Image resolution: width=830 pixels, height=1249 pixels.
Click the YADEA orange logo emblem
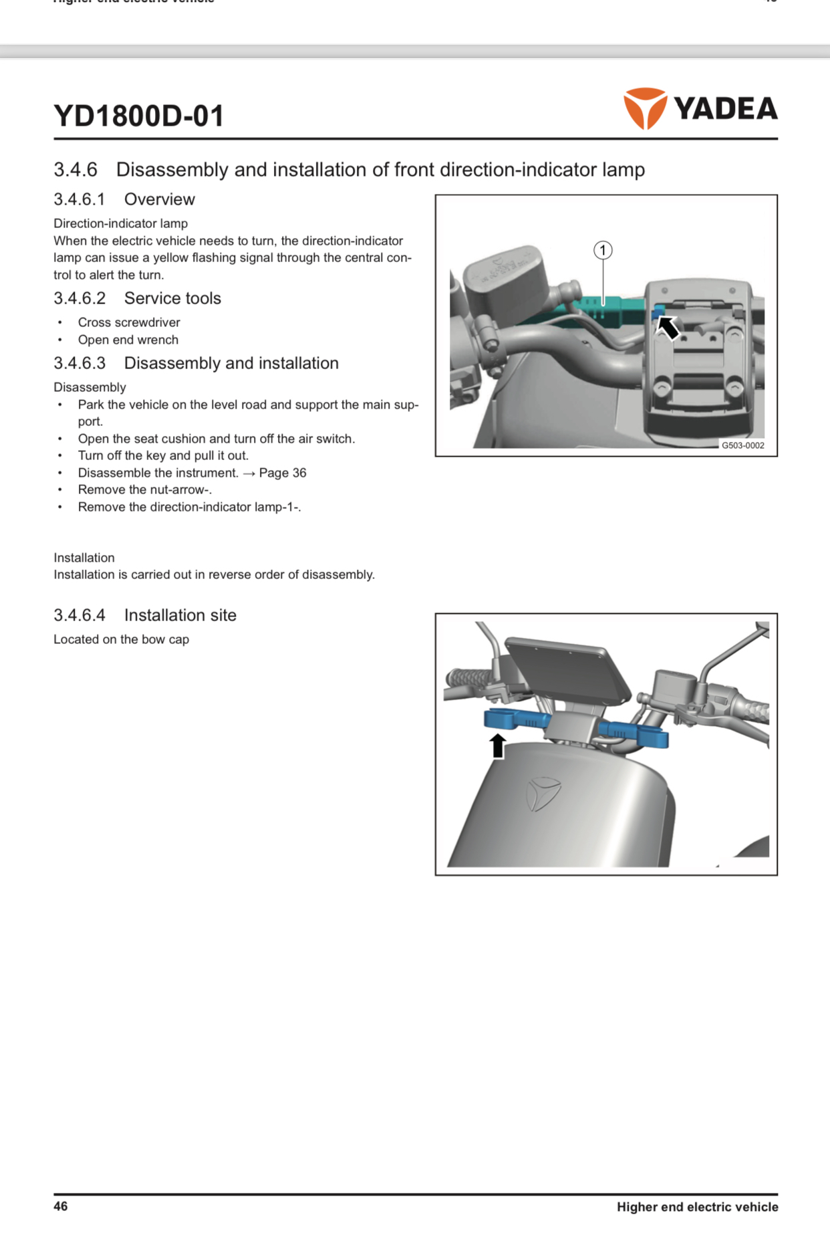click(x=645, y=108)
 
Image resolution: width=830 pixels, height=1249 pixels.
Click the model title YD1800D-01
click(x=139, y=116)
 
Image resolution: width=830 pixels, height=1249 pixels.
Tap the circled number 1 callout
click(x=603, y=250)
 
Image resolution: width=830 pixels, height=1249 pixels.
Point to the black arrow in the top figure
click(x=668, y=328)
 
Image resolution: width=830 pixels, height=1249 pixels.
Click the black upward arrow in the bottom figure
click(x=497, y=745)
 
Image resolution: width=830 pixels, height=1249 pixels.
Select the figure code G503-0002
click(x=742, y=445)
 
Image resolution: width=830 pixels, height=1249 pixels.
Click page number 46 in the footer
click(x=61, y=1206)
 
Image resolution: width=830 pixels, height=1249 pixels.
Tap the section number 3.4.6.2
click(x=80, y=298)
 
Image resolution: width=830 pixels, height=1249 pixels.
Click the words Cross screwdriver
click(x=129, y=322)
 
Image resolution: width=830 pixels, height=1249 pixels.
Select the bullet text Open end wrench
click(x=128, y=340)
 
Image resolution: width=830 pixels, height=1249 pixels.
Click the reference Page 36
click(x=283, y=473)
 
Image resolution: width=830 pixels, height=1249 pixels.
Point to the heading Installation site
click(x=180, y=615)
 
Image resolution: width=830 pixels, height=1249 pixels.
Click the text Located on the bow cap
click(x=121, y=639)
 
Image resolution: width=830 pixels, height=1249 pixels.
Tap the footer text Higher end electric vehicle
click(x=697, y=1207)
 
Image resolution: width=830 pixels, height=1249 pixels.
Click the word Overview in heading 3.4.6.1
click(x=160, y=199)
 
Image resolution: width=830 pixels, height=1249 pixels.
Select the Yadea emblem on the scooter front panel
click(x=543, y=794)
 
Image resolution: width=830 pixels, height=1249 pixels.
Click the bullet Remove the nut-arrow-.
click(x=144, y=489)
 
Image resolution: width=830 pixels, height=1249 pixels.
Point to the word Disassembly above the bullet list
click(x=90, y=387)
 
